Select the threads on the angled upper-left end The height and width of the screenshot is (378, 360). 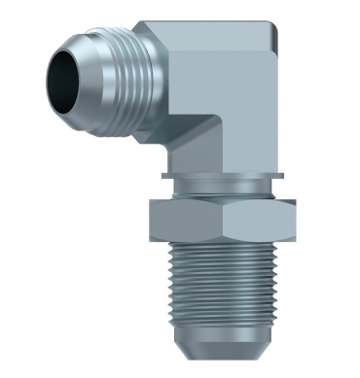point(123,62)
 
